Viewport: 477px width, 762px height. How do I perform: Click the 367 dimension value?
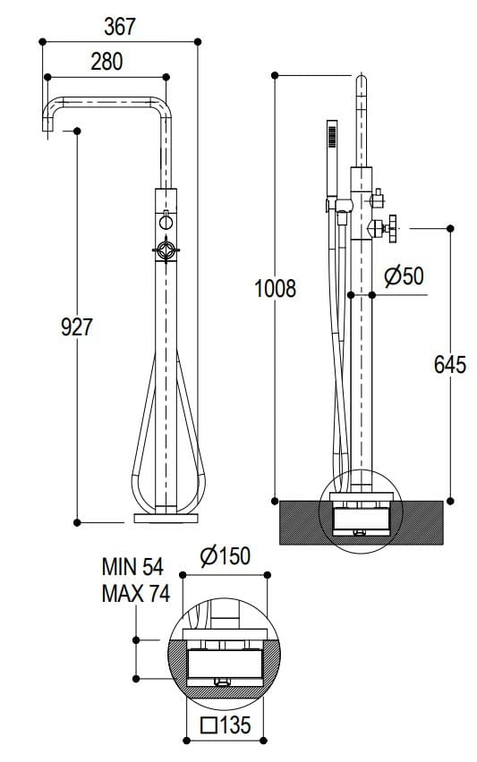[x=119, y=27]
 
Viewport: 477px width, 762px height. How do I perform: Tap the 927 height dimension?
[x=77, y=327]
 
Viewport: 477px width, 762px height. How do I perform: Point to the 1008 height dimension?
[x=275, y=289]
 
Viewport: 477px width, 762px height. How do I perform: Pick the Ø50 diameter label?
[x=404, y=276]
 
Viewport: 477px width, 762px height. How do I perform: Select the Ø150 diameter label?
[x=226, y=556]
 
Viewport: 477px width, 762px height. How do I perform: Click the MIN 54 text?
[x=132, y=566]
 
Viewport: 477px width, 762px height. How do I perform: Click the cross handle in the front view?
[x=166, y=251]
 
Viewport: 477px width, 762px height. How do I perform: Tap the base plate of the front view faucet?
[x=167, y=517]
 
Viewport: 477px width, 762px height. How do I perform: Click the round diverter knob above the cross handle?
[x=166, y=221]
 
